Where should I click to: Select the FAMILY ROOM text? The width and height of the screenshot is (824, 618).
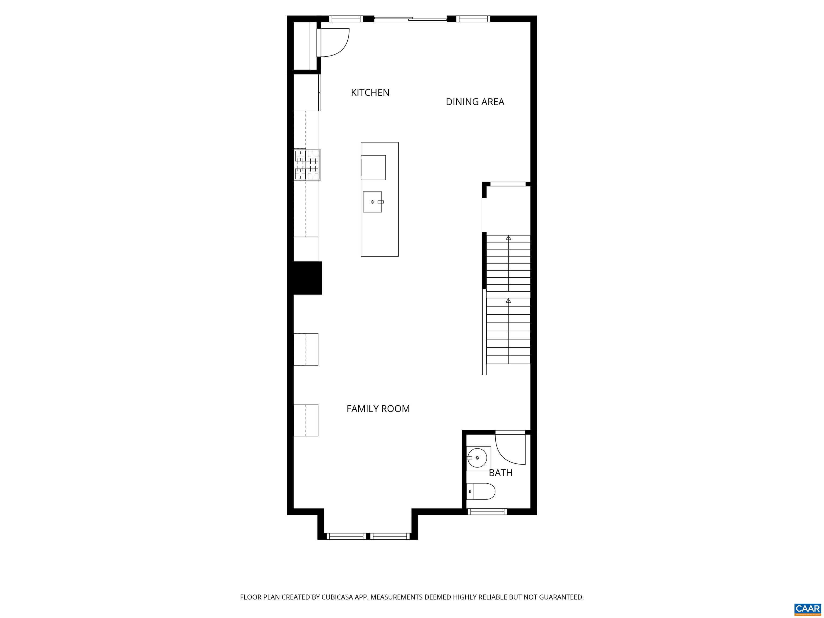pyautogui.click(x=378, y=409)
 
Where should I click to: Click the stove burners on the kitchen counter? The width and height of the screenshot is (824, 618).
pyautogui.click(x=307, y=165)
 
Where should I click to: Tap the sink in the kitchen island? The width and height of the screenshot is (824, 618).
pyautogui.click(x=372, y=202)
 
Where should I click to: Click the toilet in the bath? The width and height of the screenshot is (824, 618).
pyautogui.click(x=481, y=491)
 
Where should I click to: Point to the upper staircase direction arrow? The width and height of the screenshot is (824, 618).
pyautogui.click(x=508, y=238)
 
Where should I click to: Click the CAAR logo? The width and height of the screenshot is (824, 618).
pyautogui.click(x=807, y=609)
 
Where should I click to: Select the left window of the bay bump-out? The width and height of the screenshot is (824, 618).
pyautogui.click(x=346, y=536)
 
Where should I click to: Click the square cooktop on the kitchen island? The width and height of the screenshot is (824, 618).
pyautogui.click(x=373, y=168)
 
